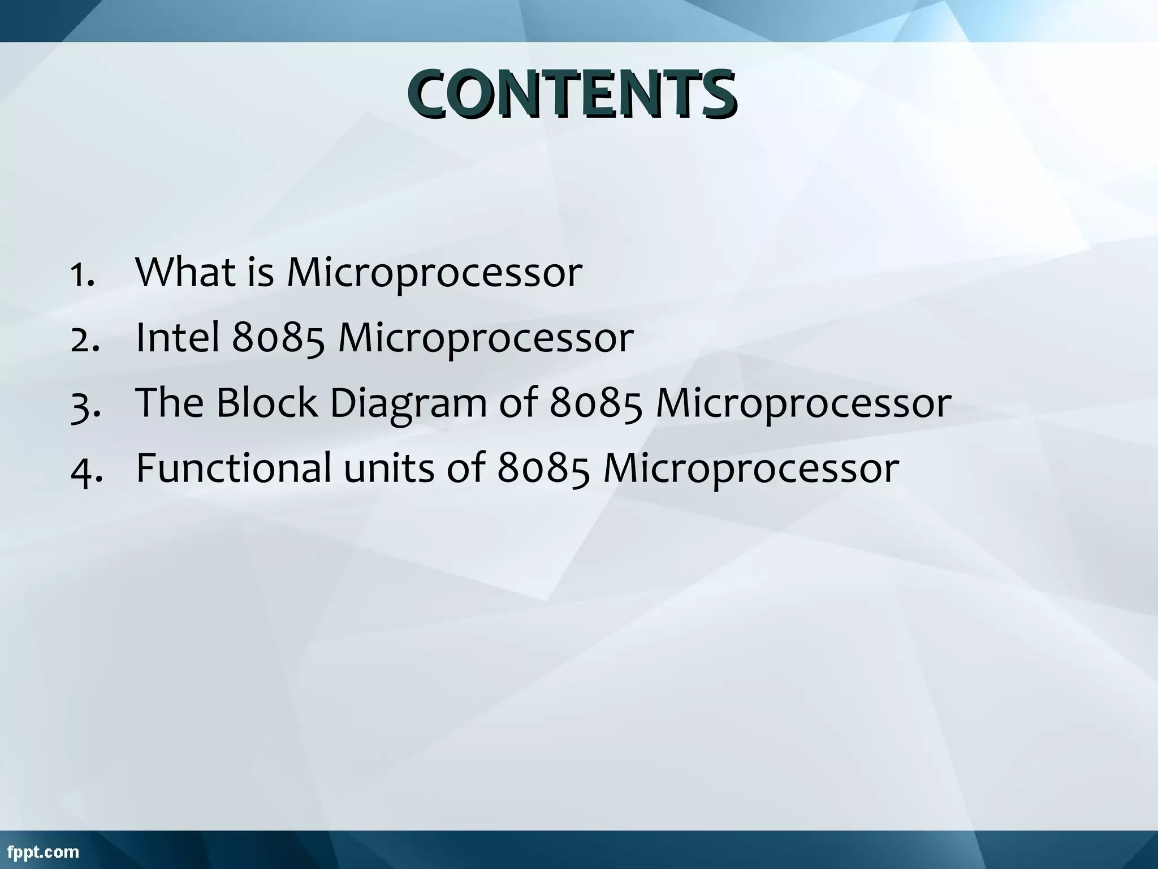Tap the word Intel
click(x=178, y=337)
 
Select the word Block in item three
click(x=267, y=403)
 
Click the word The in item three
click(x=170, y=403)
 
